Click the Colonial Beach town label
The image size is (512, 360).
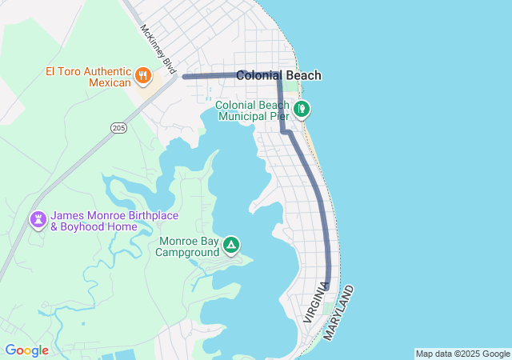tap(278, 76)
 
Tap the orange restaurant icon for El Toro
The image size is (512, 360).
tap(144, 75)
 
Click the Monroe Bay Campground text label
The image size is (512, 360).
tap(188, 246)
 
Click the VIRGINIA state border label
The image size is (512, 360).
tap(315, 303)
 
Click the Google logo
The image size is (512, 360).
tap(26, 350)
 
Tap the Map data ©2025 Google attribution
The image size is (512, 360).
tap(462, 354)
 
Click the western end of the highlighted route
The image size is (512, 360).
tap(185, 77)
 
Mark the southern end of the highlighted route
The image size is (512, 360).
tap(327, 286)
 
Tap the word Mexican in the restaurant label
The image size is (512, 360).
tap(109, 82)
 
